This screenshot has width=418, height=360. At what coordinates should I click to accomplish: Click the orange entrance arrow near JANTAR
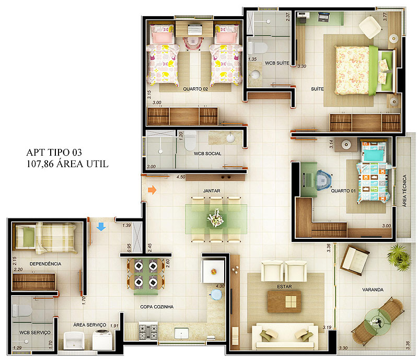[152, 190]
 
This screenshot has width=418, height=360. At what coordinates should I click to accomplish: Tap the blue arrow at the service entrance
[101, 227]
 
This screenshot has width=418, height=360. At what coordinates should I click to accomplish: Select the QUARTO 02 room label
[195, 89]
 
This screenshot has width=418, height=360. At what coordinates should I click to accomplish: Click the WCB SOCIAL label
[207, 154]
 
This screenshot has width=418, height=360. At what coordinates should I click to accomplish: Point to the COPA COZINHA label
[157, 307]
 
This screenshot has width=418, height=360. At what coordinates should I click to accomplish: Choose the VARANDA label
[373, 289]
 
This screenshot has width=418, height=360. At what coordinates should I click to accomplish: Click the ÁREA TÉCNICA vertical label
[404, 191]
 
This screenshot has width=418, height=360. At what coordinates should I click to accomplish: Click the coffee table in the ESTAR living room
[284, 301]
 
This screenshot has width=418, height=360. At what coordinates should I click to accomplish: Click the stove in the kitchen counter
[148, 331]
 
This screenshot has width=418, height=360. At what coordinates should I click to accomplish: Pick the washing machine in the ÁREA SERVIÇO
[102, 340]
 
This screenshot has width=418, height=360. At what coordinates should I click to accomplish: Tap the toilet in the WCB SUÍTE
[257, 48]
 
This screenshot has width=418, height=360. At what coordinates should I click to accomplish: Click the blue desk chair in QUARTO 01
[323, 180]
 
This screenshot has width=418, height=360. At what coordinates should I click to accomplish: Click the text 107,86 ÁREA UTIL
[67, 164]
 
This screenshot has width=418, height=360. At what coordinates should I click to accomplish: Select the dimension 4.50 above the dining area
[181, 177]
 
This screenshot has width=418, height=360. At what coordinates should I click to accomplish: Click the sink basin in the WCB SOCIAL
[230, 138]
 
